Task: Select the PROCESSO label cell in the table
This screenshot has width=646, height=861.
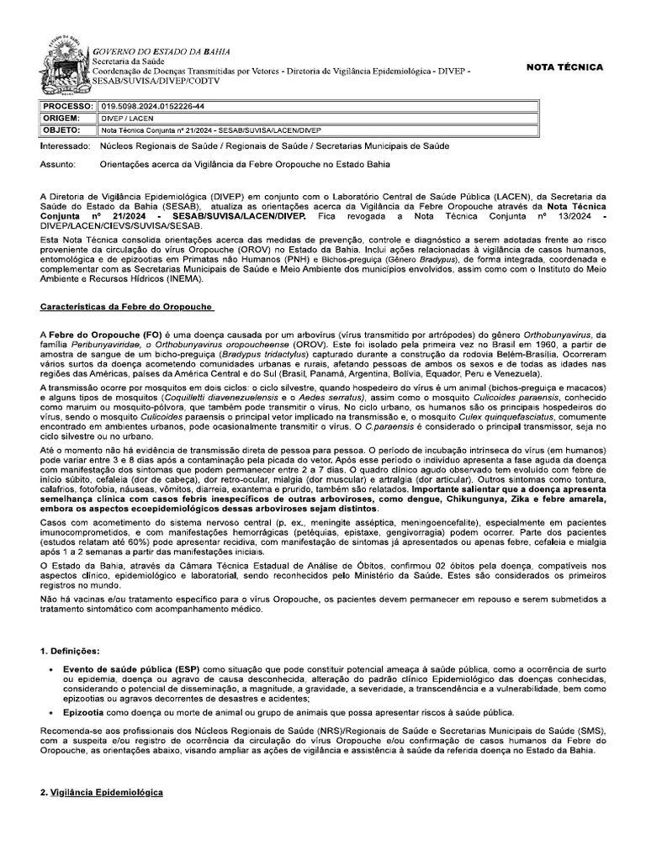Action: coord(68,107)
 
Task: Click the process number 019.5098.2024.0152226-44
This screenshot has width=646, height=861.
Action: coord(152,107)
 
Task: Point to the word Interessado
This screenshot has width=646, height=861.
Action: coord(66,146)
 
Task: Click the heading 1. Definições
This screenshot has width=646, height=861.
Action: coord(71,652)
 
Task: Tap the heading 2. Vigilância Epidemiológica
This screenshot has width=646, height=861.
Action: coord(102,793)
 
